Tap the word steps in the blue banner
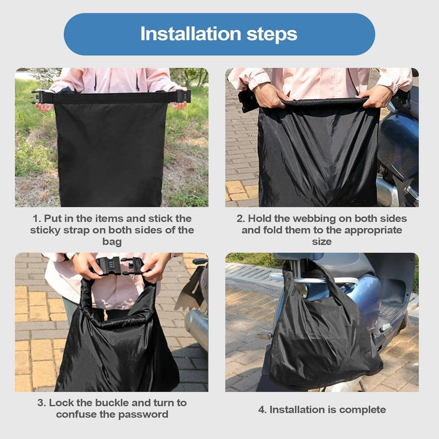pos(272,35)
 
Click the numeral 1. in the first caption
pos(37,218)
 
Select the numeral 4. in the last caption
pos(262,409)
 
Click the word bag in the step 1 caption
pos(112,242)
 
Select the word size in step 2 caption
pos(322,242)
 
